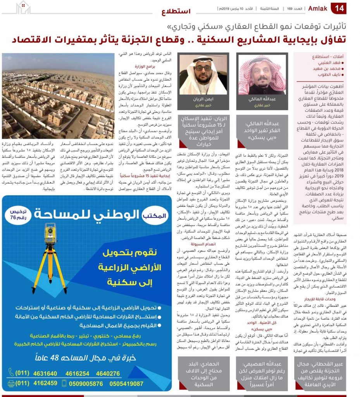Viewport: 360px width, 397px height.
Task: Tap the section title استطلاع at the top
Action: pos(176,11)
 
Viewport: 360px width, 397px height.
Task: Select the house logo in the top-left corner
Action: pos(23,7)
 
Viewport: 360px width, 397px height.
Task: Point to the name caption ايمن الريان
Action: pos(198,99)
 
